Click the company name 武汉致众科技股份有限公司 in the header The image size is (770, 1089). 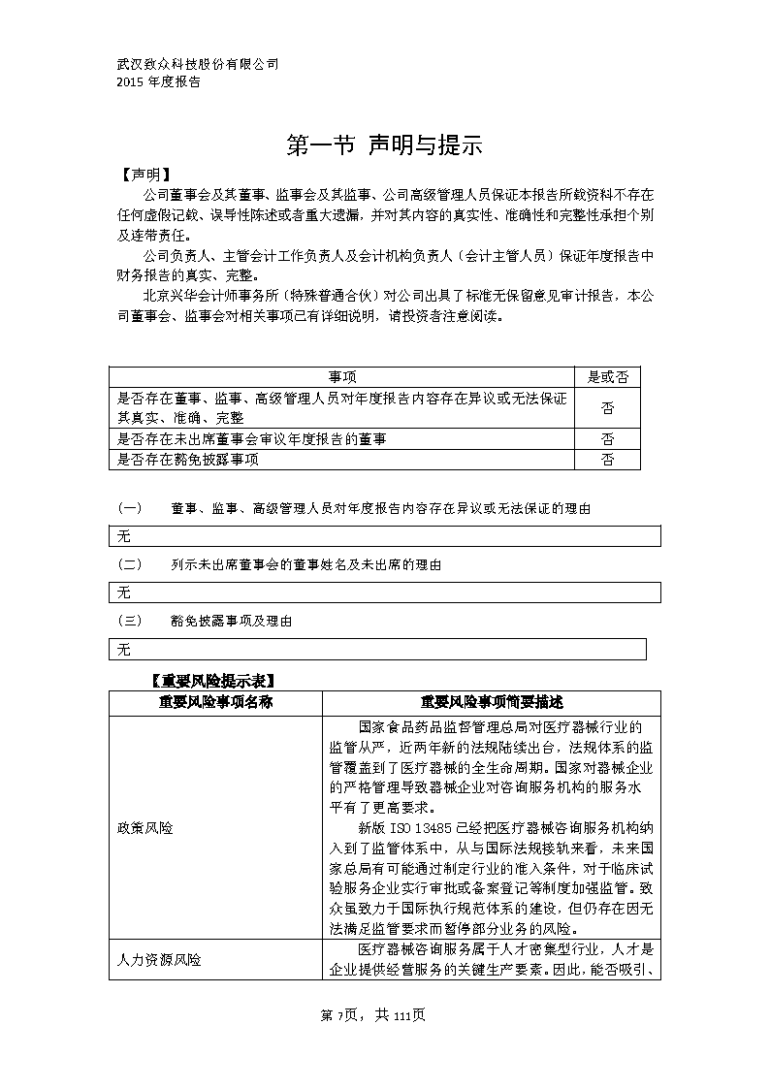pos(198,64)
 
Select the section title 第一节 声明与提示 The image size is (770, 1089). pos(385,145)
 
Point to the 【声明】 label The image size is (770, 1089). pos(144,176)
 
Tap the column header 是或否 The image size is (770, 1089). pos(608,377)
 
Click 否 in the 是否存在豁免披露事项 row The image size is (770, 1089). pos(608,460)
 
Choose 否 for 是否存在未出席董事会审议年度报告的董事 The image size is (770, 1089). pos(608,439)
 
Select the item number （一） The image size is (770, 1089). pos(130,508)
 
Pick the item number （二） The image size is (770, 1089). pos(130,564)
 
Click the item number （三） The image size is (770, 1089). pos(130,621)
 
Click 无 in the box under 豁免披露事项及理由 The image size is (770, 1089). pos(124,649)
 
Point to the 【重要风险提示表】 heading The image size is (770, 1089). pos(211,680)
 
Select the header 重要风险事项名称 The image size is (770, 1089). pos(214,702)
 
